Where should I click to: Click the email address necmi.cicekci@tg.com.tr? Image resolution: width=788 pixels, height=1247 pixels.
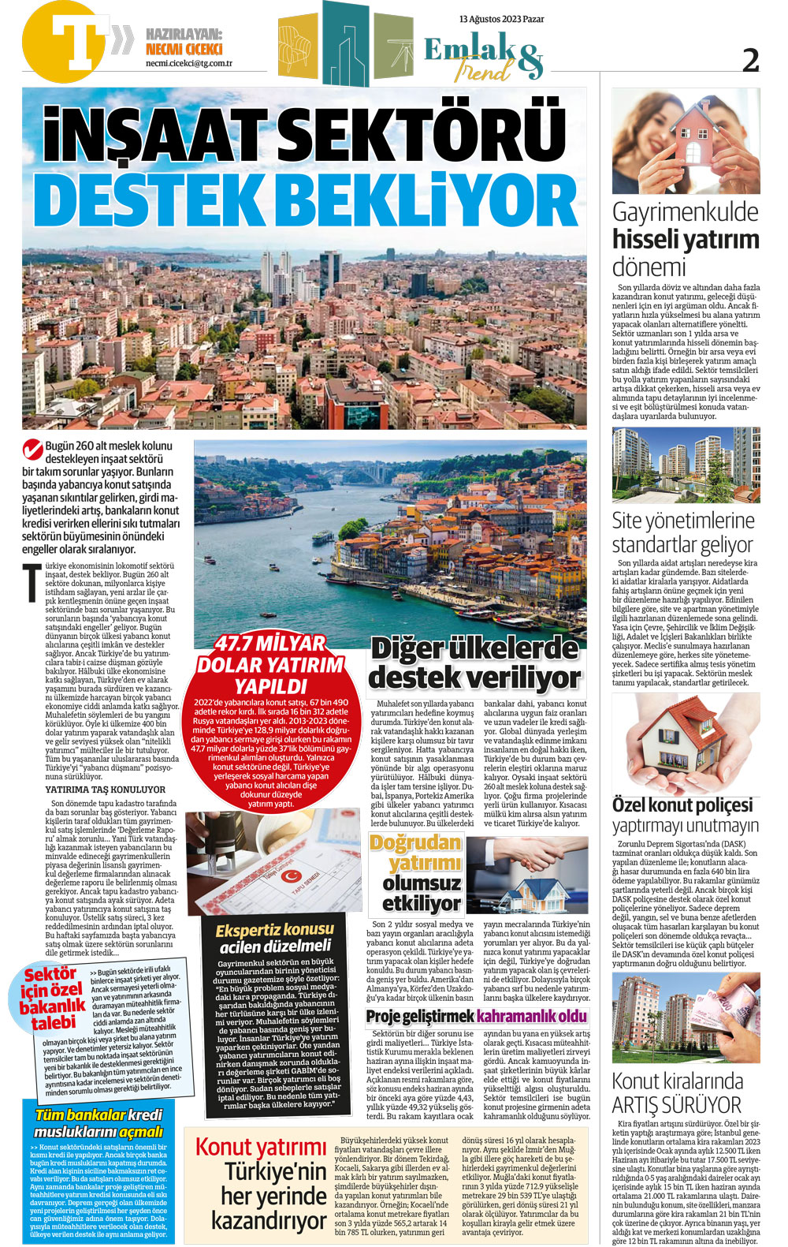point(188,64)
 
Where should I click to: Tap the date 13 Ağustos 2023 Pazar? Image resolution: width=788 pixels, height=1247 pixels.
point(501,19)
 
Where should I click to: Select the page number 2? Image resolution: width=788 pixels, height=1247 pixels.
point(751,60)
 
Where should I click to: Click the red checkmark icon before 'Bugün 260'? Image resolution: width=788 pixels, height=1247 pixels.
point(32,450)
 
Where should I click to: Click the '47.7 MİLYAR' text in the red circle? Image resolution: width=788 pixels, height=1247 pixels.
point(270,644)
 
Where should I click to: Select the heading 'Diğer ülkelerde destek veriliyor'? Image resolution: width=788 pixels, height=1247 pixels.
point(474,663)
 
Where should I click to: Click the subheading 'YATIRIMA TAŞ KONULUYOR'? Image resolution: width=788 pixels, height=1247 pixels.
point(106,790)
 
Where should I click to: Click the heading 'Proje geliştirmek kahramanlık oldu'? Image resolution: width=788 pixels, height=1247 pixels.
point(477,1016)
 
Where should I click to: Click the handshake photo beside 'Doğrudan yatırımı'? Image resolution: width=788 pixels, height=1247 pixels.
point(526,875)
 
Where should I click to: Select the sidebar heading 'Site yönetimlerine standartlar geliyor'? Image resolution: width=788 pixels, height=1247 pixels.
point(682,532)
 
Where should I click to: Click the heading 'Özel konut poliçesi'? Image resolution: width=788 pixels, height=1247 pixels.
point(682,805)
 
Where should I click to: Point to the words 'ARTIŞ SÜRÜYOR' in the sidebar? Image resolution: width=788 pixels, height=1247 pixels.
point(677,1104)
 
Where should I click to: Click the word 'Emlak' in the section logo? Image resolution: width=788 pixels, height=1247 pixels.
point(470,50)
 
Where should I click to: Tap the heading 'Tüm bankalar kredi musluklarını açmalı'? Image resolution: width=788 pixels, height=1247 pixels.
point(98,1123)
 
